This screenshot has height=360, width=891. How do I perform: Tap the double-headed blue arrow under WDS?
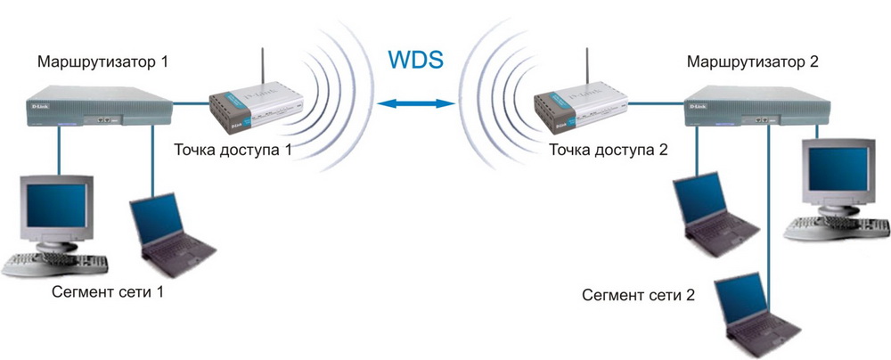(414, 105)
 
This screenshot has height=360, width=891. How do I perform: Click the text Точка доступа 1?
(234, 149)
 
